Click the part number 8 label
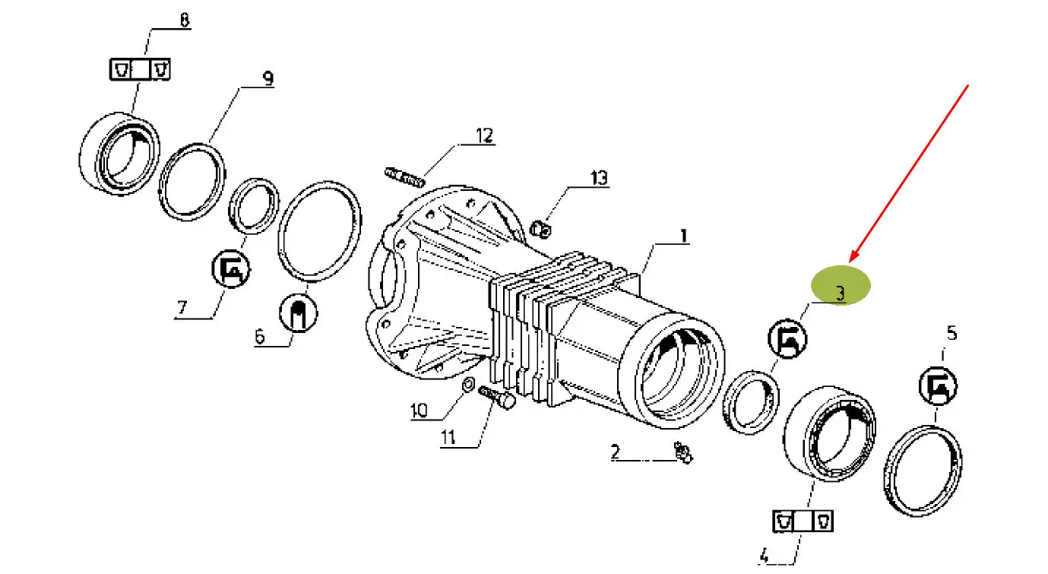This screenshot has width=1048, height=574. (185, 20)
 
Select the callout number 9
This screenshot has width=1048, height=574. (268, 78)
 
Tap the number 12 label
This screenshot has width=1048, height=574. (485, 136)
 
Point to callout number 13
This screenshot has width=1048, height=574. (600, 178)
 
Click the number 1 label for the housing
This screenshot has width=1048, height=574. (684, 236)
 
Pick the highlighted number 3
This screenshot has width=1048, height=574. (841, 293)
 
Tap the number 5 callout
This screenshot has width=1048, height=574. (951, 333)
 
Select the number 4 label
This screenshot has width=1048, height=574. (764, 556)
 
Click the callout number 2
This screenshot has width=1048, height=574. (616, 452)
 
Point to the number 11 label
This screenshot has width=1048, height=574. (448, 437)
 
